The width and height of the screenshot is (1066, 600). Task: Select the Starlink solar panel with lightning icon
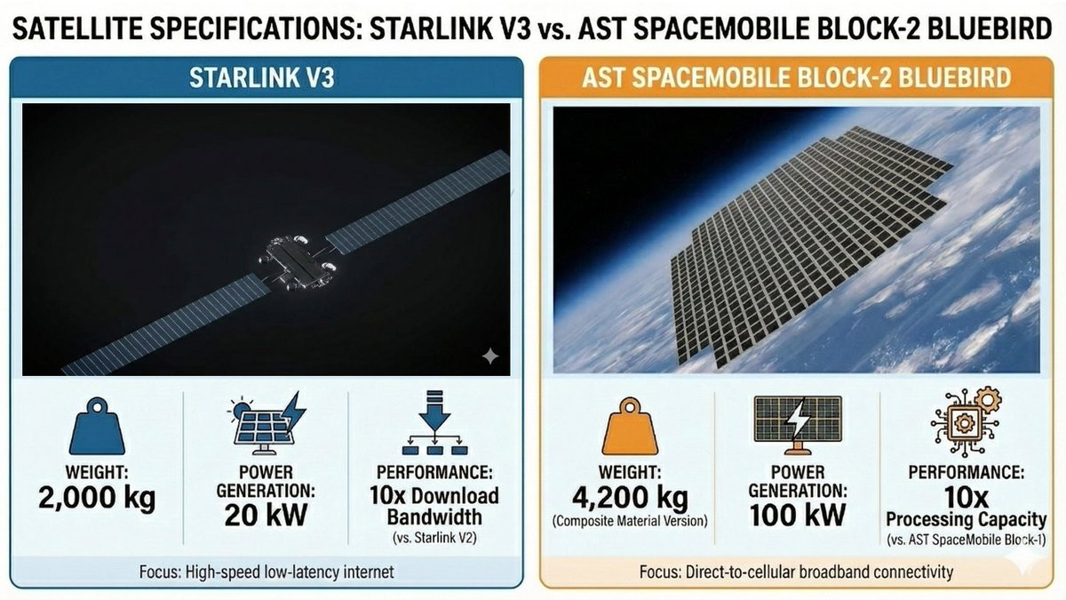(x=266, y=423)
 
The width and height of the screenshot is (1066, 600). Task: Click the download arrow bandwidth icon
(x=435, y=423)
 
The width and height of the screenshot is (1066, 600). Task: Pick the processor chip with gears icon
(x=967, y=422)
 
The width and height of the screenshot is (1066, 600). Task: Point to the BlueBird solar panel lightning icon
(x=798, y=425)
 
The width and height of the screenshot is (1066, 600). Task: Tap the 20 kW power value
(x=266, y=516)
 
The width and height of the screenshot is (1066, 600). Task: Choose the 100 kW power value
(x=798, y=516)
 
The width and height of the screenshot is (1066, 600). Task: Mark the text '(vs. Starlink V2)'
(x=434, y=538)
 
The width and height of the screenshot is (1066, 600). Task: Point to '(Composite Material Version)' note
(x=630, y=521)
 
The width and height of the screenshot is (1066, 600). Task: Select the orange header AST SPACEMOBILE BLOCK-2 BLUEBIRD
(x=797, y=77)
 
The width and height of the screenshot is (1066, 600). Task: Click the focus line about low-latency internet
(x=266, y=572)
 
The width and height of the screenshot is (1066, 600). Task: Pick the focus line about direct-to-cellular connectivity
(x=796, y=572)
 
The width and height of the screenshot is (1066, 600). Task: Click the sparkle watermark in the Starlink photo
(x=490, y=356)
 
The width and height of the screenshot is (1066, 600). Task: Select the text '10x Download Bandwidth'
(x=434, y=506)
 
